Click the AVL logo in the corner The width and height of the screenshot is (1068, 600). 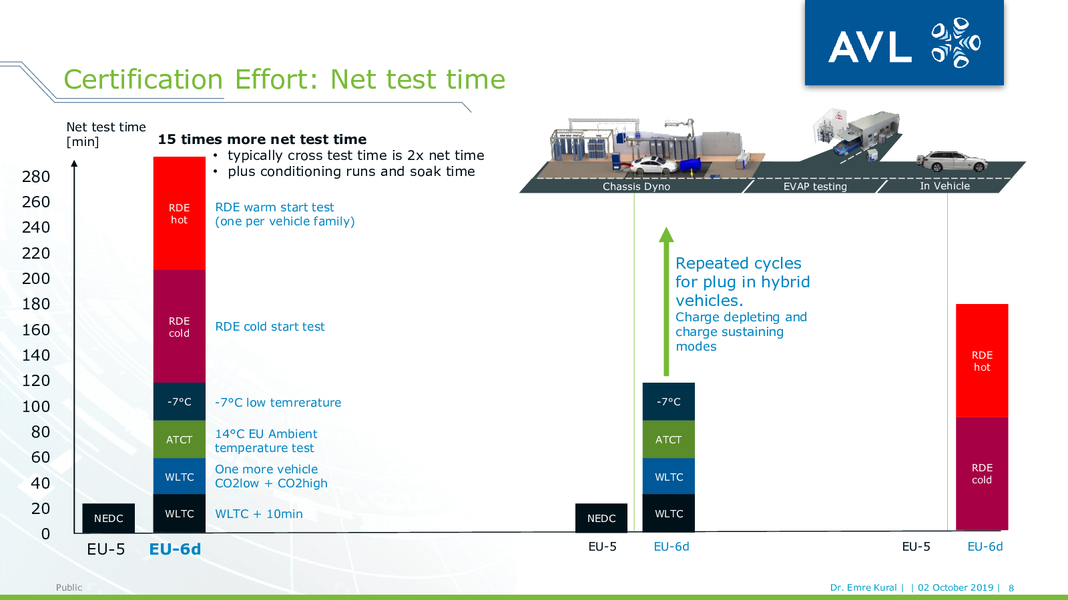click(904, 43)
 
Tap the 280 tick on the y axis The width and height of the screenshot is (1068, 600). click(36, 177)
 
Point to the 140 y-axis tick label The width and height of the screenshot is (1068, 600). click(36, 355)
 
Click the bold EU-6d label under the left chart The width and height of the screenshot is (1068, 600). click(175, 549)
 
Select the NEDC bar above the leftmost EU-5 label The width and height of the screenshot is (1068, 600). click(108, 518)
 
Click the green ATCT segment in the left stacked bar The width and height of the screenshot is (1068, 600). click(180, 439)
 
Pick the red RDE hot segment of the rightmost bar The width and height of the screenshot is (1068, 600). click(982, 361)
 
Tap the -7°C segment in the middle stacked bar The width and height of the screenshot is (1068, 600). click(668, 401)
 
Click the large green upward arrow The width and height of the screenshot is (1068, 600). click(666, 301)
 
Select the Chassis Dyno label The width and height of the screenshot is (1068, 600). click(636, 186)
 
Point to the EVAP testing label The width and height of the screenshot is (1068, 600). click(815, 186)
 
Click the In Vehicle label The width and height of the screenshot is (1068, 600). click(945, 186)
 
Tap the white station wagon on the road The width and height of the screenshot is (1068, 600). click(951, 161)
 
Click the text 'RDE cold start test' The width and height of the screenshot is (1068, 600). click(270, 327)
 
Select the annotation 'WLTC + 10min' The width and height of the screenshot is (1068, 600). click(258, 514)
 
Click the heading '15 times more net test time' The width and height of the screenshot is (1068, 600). click(262, 139)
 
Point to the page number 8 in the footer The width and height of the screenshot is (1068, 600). click(1011, 588)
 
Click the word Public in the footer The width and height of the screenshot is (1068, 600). click(69, 587)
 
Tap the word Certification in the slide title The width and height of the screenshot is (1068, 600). click(143, 79)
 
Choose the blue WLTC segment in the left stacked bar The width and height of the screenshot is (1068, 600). click(180, 476)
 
